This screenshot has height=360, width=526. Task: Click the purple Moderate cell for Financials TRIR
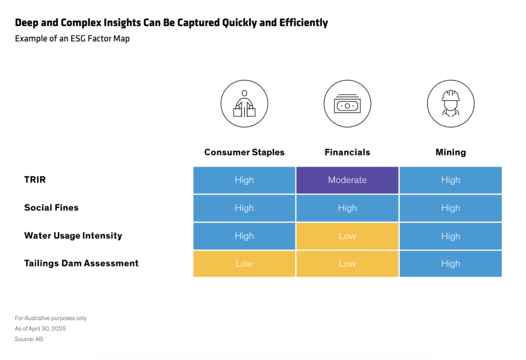[x=347, y=180]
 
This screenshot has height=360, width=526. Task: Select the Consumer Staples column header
[x=244, y=152]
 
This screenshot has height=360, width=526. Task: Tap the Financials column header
[x=347, y=152]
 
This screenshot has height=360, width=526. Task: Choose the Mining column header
[x=451, y=152]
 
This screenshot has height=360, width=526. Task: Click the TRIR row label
[x=35, y=179]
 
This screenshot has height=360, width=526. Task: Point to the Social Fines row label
[x=51, y=207]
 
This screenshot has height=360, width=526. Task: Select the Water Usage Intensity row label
[x=73, y=235]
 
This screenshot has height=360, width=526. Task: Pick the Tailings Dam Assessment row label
[x=81, y=263]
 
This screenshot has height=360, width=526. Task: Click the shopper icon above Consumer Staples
[x=244, y=104]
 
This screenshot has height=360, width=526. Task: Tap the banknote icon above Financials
[x=347, y=104]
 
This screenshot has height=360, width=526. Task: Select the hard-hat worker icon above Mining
[x=451, y=104]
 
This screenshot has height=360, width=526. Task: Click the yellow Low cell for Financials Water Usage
[x=347, y=236]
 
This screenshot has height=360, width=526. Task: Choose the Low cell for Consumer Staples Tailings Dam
[x=244, y=264]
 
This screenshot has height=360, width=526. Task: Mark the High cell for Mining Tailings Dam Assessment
[x=451, y=264]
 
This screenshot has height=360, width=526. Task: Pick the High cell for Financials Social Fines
[x=347, y=208]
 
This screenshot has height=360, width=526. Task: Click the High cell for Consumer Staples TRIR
[x=244, y=180]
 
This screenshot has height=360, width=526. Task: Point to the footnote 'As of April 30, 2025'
[x=40, y=328]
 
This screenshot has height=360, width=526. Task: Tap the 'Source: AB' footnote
[x=29, y=339]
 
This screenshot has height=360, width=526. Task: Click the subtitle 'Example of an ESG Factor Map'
[x=72, y=38]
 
